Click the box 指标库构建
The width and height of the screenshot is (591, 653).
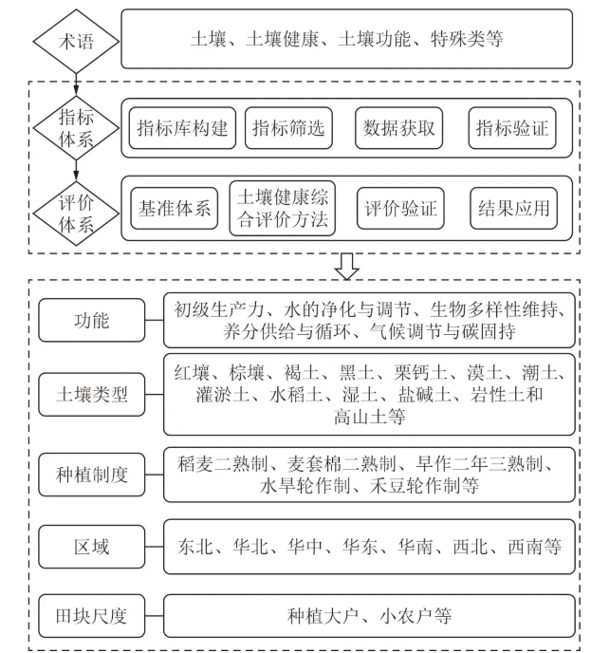182,128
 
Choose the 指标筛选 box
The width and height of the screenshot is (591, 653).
287,128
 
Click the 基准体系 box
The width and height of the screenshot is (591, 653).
174,208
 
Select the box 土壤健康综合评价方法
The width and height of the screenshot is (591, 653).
282,208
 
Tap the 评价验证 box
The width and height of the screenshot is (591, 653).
400,208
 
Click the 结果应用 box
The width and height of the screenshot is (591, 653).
514,208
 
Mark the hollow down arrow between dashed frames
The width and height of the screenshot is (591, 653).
347,268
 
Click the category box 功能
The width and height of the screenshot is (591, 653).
92,321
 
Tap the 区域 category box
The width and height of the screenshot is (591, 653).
92,547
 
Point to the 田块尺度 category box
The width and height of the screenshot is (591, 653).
92,616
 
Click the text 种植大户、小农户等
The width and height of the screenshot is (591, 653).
369,616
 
